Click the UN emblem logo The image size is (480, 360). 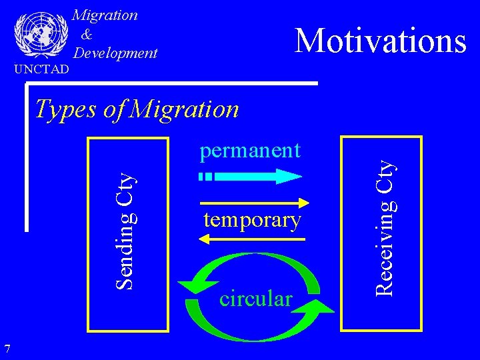41,35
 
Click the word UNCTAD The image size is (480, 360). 41,69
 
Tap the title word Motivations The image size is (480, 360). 380,41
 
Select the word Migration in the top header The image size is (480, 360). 105,15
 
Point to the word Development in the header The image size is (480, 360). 115,53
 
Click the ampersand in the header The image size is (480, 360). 87,34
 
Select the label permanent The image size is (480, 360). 250,151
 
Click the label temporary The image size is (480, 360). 252,219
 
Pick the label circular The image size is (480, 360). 255,299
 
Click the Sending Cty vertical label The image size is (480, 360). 128,229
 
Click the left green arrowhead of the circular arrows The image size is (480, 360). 192,287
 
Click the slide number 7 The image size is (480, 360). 7,348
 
